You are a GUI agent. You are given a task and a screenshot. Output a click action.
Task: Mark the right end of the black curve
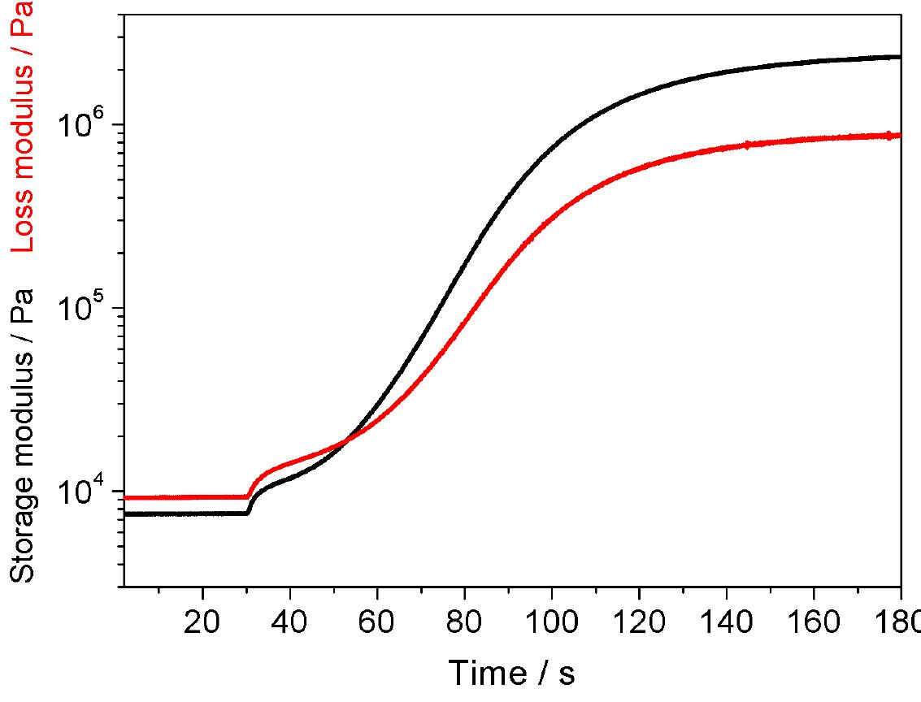(900, 57)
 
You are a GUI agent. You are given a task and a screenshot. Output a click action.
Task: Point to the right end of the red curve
(900, 136)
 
